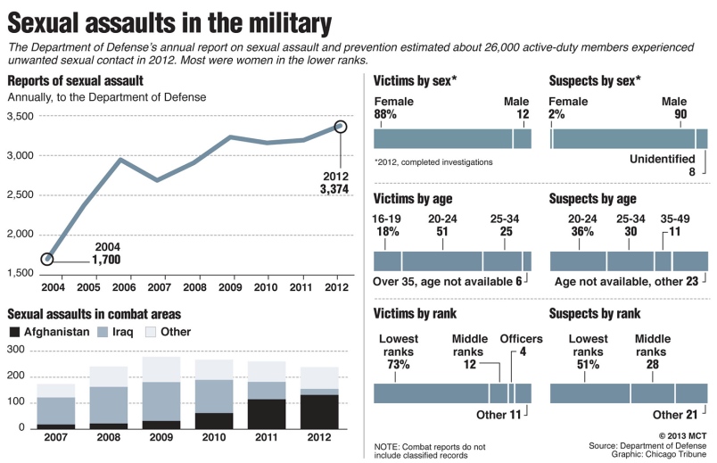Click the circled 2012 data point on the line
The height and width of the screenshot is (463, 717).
tap(340, 126)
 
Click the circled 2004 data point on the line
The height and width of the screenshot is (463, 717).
tap(46, 259)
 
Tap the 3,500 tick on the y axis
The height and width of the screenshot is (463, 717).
tap(20, 116)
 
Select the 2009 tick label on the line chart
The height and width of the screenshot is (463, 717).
tap(230, 288)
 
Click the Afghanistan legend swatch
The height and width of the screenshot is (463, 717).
tap(14, 332)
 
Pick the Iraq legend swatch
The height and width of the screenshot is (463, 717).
tap(102, 332)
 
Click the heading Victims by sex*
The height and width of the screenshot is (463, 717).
tap(415, 81)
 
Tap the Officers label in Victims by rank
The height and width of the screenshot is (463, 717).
tap(521, 339)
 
